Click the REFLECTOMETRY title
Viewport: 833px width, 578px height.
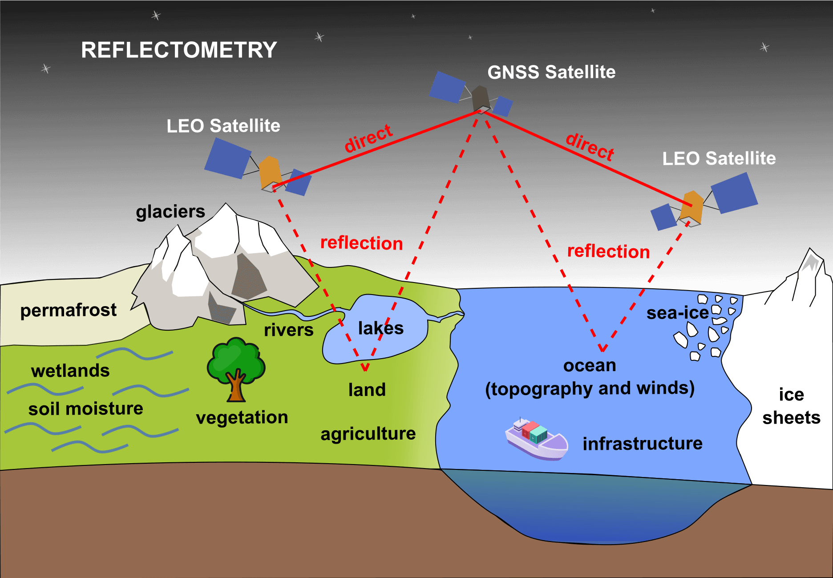tap(179, 50)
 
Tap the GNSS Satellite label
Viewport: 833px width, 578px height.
tap(551, 72)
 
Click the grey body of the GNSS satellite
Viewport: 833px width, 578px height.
tap(481, 99)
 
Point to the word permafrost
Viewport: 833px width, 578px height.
tap(69, 310)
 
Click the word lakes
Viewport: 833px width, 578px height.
tap(380, 328)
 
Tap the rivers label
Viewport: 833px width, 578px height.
tap(288, 330)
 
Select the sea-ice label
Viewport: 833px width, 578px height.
tap(677, 313)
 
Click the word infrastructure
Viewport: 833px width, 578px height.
tap(643, 444)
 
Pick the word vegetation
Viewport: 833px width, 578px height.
tap(242, 418)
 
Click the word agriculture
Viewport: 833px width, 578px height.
tap(368, 434)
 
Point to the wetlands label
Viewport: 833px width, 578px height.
tap(70, 371)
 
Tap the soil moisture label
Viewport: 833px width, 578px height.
tap(85, 409)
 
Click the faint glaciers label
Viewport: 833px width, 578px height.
tap(170, 212)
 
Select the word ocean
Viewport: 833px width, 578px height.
tap(590, 366)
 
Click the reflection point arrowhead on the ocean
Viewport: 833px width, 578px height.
tap(603, 348)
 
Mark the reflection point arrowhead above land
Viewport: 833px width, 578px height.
tap(365, 368)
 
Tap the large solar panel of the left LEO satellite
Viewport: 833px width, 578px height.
tap(228, 158)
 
